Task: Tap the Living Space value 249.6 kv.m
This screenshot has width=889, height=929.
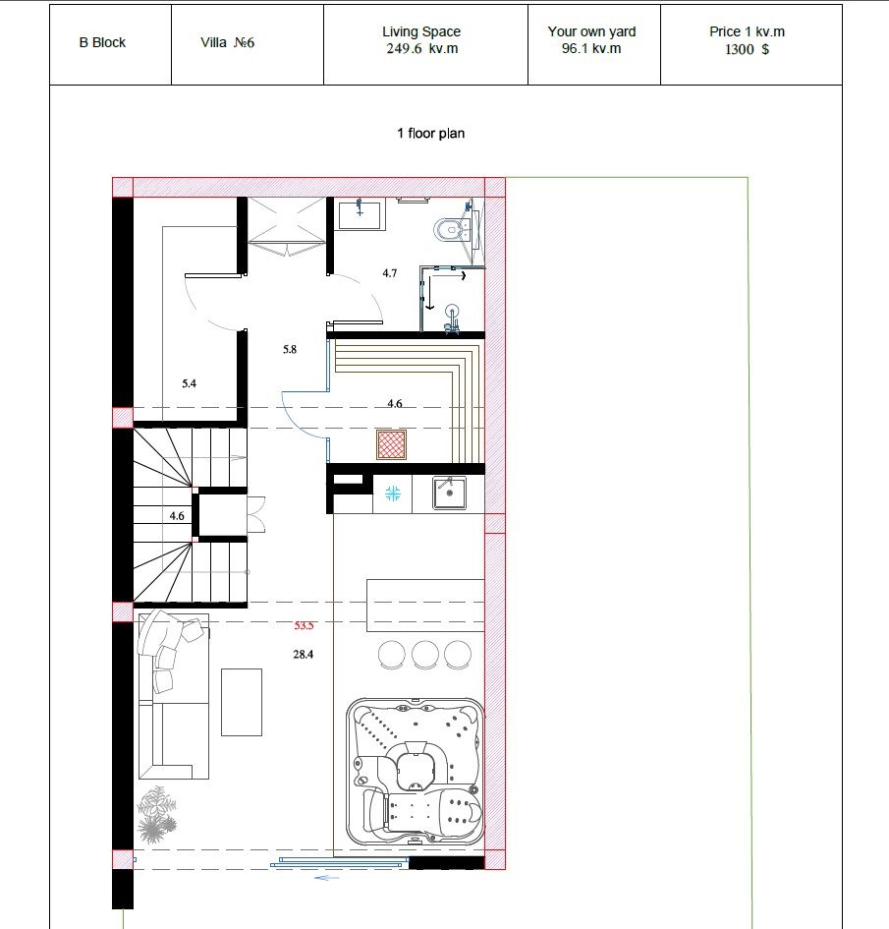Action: point(422,48)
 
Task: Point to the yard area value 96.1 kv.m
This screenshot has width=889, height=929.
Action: point(591,48)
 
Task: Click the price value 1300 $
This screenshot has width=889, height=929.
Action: point(747,49)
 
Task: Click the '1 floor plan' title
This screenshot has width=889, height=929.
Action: point(431,134)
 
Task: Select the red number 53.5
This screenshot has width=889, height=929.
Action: point(304,625)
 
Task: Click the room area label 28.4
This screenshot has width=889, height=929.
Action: point(303,654)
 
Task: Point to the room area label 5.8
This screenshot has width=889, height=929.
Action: point(290,350)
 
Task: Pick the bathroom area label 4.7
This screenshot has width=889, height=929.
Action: point(389,273)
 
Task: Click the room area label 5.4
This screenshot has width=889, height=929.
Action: point(189,383)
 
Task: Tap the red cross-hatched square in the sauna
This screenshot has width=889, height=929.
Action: point(391,444)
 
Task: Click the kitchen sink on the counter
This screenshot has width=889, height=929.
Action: point(449,493)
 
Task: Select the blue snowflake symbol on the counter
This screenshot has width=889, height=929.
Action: point(393,493)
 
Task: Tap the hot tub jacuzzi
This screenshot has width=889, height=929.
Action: point(415,772)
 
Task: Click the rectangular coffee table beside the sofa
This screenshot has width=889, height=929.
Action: point(242,702)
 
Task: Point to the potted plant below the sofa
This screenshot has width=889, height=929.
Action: point(157,814)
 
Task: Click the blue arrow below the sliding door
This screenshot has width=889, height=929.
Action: point(327,878)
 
